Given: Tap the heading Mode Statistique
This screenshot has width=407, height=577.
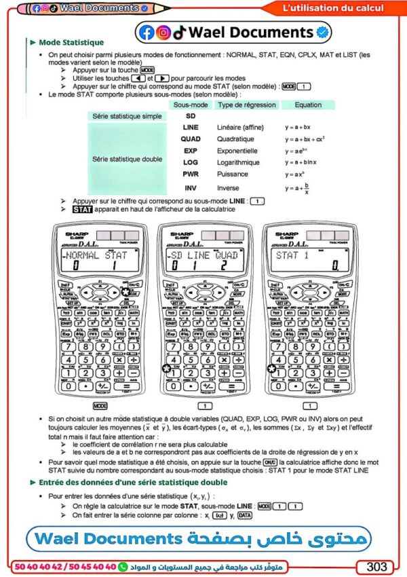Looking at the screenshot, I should click(71, 42).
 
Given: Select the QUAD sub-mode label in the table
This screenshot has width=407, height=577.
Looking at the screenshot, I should click(191, 138).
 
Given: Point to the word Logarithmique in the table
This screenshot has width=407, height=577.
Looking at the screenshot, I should click(238, 163).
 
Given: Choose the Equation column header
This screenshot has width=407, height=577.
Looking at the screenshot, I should click(308, 105).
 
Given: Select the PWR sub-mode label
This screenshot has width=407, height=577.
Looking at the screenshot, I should click(191, 175).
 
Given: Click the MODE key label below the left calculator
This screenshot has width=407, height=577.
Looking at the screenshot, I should click(100, 405).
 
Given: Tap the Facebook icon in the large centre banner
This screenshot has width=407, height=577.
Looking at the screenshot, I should click(146, 32).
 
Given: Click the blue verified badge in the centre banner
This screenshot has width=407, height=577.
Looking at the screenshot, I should click(324, 32).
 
